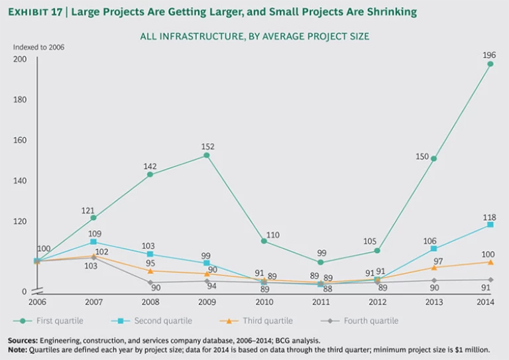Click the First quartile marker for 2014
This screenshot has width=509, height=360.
490,64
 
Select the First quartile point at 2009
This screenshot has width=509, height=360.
207,155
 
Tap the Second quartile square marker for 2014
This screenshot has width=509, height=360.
490,225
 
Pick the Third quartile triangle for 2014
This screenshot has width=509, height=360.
490,262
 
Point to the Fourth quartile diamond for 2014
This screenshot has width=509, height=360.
490,280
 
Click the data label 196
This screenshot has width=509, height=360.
489,54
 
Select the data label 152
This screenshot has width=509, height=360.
207,146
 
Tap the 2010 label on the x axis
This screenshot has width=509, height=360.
263,302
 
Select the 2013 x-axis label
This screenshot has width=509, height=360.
433,302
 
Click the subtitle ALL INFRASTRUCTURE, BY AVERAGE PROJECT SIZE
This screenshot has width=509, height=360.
254,36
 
